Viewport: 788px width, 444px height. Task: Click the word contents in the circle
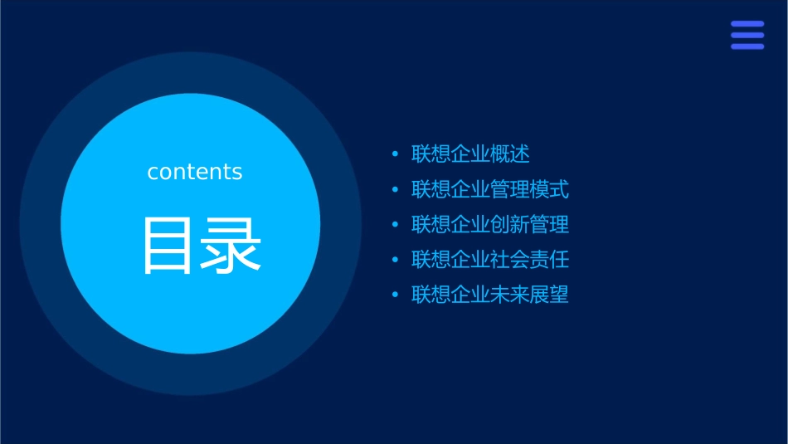tap(195, 172)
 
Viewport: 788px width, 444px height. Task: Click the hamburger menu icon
tap(747, 35)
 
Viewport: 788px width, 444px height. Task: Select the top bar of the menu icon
tap(747, 24)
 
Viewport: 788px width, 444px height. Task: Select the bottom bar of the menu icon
tap(747, 46)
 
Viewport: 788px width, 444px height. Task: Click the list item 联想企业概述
tap(470, 154)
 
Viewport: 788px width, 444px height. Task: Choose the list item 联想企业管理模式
tap(490, 189)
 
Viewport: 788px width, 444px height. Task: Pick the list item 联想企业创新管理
tap(490, 224)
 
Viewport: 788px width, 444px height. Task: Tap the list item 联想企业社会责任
tap(490, 260)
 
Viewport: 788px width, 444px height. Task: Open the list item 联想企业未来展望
tap(490, 295)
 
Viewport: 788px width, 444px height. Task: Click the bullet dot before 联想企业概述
tap(395, 154)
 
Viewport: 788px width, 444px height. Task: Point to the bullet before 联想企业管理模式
tap(395, 190)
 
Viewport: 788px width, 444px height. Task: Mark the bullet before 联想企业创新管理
tap(395, 225)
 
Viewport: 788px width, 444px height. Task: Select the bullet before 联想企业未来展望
tap(395, 295)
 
